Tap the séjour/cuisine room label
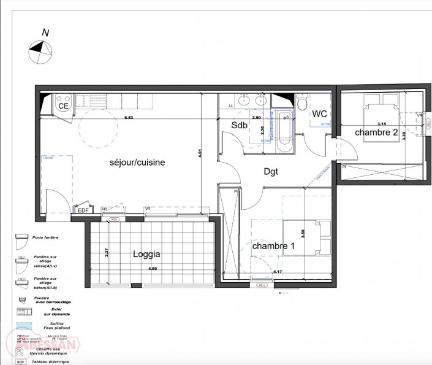(x=137, y=162)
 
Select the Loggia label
(x=146, y=253)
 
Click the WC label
(x=319, y=114)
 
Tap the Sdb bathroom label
(x=238, y=125)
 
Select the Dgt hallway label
(x=271, y=172)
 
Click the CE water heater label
(x=63, y=106)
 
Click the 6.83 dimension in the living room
(x=129, y=117)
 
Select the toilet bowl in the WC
(x=301, y=103)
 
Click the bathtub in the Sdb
(x=284, y=131)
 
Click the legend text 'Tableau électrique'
(x=52, y=361)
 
